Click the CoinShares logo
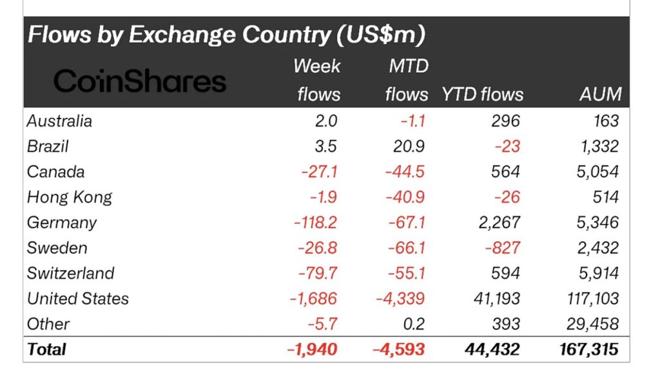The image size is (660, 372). pyautogui.click(x=140, y=82)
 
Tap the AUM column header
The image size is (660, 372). pyautogui.click(x=600, y=95)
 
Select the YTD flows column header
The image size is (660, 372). pyautogui.click(x=483, y=95)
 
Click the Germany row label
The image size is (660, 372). pyautogui.click(x=62, y=223)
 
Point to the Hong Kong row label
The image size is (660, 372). pyautogui.click(x=70, y=197)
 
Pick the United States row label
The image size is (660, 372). pyautogui.click(x=78, y=299)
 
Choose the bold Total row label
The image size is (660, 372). pyautogui.click(x=46, y=349)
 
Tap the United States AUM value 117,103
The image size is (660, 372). pyautogui.click(x=590, y=299)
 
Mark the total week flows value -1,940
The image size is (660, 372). pyautogui.click(x=311, y=349)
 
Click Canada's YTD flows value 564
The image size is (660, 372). pyautogui.click(x=505, y=172)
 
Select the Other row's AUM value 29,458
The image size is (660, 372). pyautogui.click(x=594, y=324)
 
